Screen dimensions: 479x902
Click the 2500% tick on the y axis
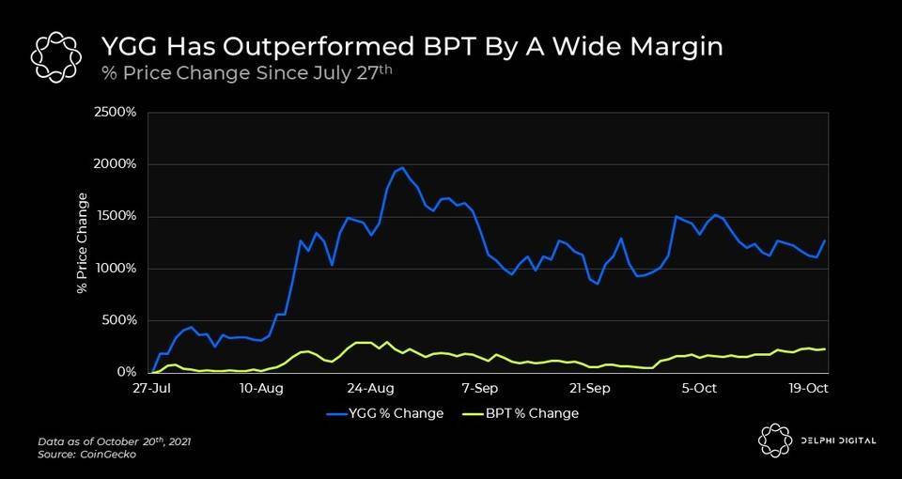(x=117, y=113)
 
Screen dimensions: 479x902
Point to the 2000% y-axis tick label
(x=117, y=164)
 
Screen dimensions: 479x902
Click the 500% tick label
(x=120, y=320)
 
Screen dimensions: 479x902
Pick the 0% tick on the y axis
(x=128, y=373)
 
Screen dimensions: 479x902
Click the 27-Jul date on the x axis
(x=151, y=387)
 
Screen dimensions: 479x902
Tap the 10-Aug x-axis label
(x=261, y=387)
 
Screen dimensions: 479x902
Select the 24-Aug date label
(x=371, y=387)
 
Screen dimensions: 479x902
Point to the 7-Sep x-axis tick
(x=481, y=387)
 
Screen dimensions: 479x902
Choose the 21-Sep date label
(x=590, y=387)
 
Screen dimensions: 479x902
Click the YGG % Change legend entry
(x=385, y=413)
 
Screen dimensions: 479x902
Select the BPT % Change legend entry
(x=521, y=413)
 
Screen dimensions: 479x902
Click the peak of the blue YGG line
(x=402, y=168)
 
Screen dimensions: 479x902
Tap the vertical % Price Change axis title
(x=83, y=242)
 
